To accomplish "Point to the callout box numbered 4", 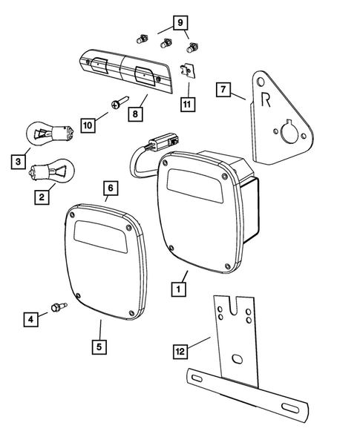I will (x=30, y=320).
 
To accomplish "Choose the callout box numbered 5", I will (x=99, y=346).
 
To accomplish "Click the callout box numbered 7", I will (x=221, y=90).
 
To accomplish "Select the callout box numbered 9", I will (x=178, y=22).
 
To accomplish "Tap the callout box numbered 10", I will (x=88, y=125).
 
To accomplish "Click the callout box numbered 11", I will (x=186, y=104).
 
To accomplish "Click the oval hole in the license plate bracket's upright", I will (x=236, y=359).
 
